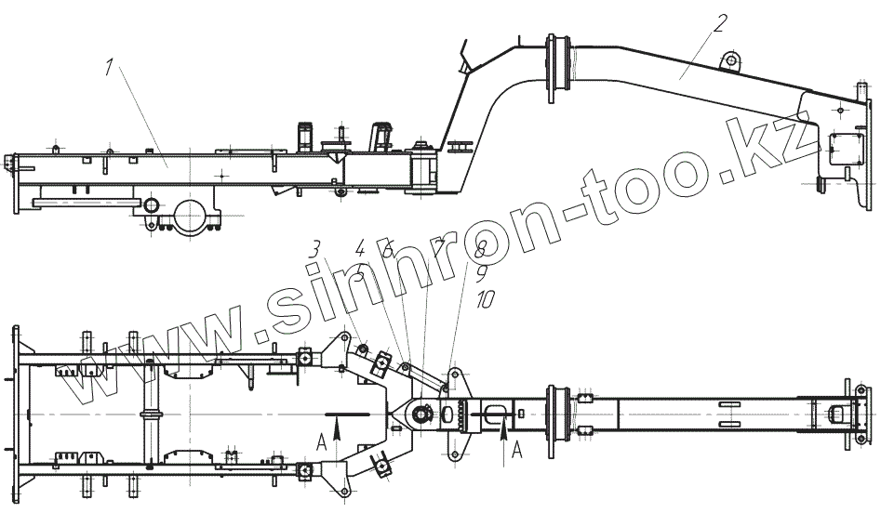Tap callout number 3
[x=315, y=249]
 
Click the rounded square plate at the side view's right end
[x=843, y=146]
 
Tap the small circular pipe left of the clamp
[x=149, y=204]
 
